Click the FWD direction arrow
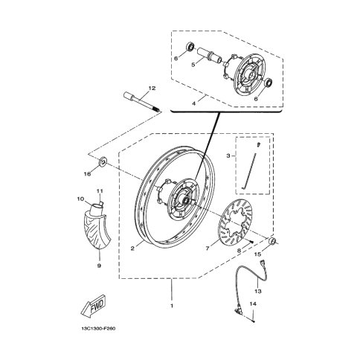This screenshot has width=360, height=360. tap(93, 306)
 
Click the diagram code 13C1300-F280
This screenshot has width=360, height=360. tap(98, 329)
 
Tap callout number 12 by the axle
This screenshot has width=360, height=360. tap(152, 88)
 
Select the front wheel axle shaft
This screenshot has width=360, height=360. tap(142, 103)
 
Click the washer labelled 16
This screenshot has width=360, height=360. tap(103, 161)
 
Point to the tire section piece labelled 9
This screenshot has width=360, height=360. tap(97, 231)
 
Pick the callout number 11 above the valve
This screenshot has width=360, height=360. tap(100, 191)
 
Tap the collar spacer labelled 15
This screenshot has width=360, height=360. tap(273, 241)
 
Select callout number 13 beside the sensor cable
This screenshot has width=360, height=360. tap(258, 291)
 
